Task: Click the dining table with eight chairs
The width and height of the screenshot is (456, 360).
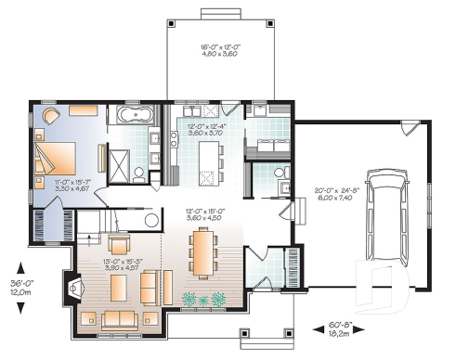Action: tap(200, 250)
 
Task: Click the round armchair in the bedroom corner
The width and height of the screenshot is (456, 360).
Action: tap(48, 117)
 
